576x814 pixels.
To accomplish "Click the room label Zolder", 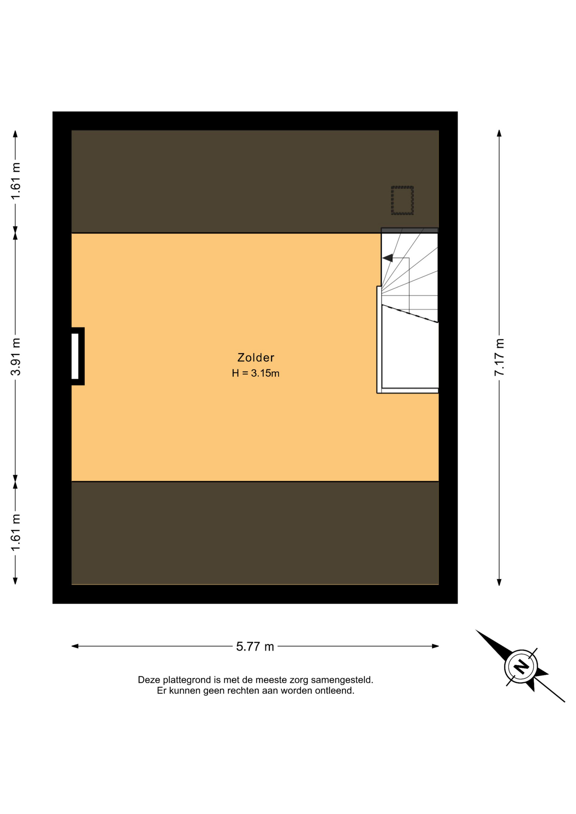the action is [256, 357].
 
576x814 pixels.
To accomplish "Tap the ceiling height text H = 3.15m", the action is [255, 373].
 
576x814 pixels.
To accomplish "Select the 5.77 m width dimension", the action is [255, 646].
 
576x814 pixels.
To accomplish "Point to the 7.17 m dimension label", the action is [499, 357].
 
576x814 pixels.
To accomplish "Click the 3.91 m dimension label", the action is [16, 357].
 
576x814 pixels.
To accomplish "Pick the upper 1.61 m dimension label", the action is [16, 181].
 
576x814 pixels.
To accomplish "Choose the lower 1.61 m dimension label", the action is [16, 532].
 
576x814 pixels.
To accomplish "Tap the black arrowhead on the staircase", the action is [387, 258].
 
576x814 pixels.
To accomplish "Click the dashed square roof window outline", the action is [402, 200].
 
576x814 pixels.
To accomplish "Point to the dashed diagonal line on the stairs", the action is [410, 314].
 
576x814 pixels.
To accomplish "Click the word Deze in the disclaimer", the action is [149, 680].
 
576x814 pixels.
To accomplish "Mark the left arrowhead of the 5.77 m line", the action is [75, 646].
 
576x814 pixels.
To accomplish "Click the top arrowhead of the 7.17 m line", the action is [499, 133].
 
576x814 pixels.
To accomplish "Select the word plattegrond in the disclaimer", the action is [187, 680].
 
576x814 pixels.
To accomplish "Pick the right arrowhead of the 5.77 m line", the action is [435, 646].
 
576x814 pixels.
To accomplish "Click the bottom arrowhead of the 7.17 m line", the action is [499, 582].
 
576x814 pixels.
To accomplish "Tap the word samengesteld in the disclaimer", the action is [342, 680].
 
